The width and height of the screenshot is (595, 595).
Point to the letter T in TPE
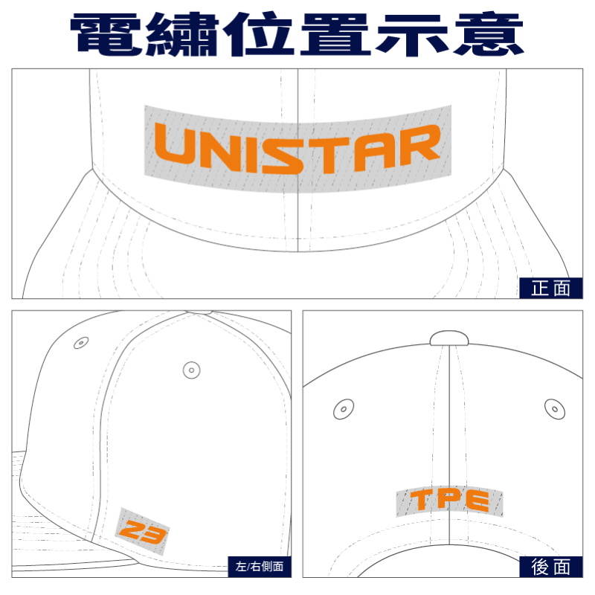pyautogui.click(x=422, y=499)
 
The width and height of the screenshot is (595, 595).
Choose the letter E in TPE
pyautogui.click(x=477, y=501)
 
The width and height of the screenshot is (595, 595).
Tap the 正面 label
pyautogui.click(x=550, y=288)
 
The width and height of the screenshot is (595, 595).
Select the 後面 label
pyautogui.click(x=550, y=567)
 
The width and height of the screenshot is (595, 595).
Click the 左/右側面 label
pyautogui.click(x=260, y=567)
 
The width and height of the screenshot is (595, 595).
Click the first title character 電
pyautogui.click(x=106, y=34)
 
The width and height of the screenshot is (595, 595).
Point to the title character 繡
pyautogui.click(x=182, y=34)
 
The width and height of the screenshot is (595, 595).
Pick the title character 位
pyautogui.click(x=258, y=34)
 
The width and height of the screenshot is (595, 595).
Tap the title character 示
pyautogui.click(x=412, y=34)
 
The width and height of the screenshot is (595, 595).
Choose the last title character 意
pyautogui.click(x=489, y=34)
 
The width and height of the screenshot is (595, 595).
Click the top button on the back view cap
pyautogui.click(x=449, y=338)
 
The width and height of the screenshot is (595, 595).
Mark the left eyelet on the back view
pyautogui.click(x=344, y=409)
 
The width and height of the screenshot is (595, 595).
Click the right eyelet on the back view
pyautogui.click(x=555, y=409)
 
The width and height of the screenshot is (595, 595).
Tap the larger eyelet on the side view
pyautogui.click(x=192, y=370)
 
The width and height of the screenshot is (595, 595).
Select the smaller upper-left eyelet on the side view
pyautogui.click(x=81, y=343)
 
